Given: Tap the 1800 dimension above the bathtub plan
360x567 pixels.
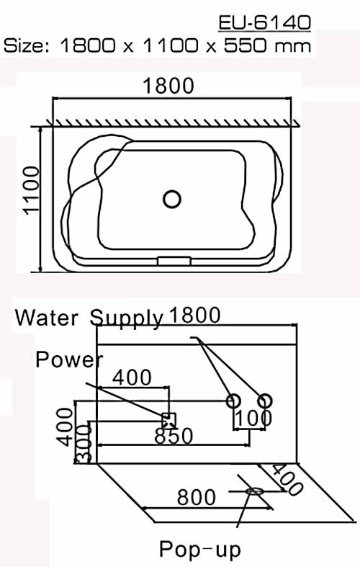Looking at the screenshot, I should tap(168, 86).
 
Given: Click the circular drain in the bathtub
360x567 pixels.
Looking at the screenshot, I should tap(171, 198).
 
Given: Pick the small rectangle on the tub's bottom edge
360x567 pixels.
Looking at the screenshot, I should tap(173, 260).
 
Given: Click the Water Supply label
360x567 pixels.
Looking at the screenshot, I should tap(89, 317).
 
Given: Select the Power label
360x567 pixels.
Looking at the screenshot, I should tap(69, 359).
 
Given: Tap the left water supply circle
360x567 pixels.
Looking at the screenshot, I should tap(233, 401).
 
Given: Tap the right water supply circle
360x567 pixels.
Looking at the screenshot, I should tap(264, 401).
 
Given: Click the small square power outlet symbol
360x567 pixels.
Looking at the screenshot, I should tap(168, 418).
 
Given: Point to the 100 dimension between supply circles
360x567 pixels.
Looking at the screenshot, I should tap(251, 418).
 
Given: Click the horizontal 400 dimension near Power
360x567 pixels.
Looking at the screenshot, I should tap(132, 377).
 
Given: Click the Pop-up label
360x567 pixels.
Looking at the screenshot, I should tap(199, 550).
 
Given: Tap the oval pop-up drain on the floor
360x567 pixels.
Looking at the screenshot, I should tap(254, 491).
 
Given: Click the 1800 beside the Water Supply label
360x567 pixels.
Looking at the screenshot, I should tap(193, 316).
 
